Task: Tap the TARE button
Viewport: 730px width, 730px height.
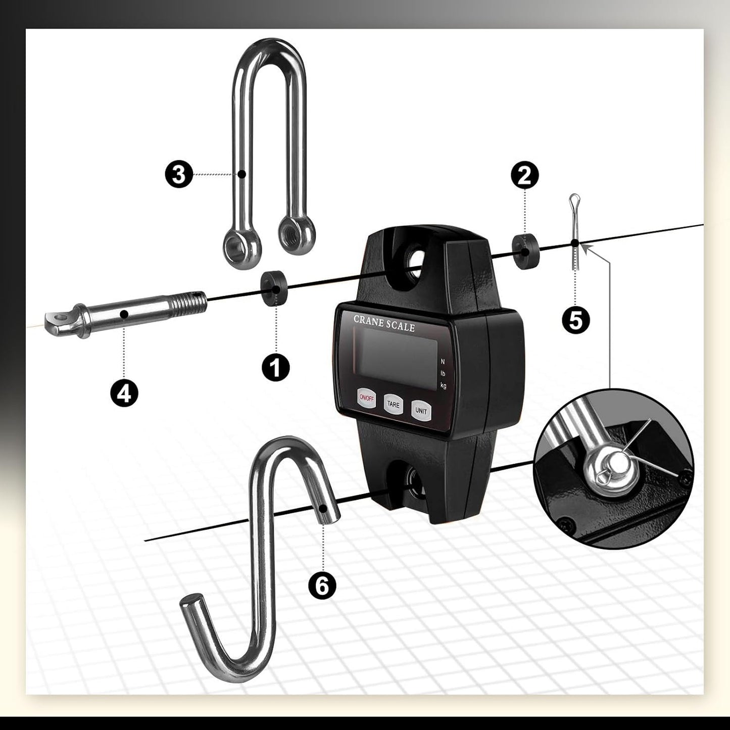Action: coord(394,405)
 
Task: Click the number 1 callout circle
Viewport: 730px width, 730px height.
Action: coord(276,367)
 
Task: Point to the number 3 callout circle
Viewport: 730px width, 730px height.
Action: coord(179,174)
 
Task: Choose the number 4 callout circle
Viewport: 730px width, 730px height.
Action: coord(124,393)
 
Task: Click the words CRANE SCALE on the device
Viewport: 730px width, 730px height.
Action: coord(384,323)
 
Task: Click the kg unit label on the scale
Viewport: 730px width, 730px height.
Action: coord(443,385)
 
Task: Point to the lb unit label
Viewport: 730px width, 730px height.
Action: coord(443,373)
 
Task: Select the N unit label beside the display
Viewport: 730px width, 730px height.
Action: coord(443,362)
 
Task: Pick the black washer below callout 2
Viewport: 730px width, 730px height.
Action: coord(525,252)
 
